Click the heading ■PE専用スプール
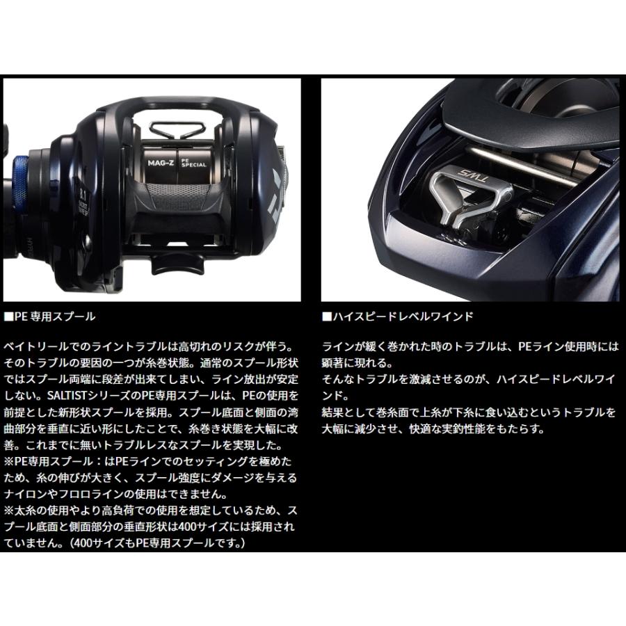[49, 316]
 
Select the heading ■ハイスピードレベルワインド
[398, 316]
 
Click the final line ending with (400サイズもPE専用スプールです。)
[125, 543]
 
